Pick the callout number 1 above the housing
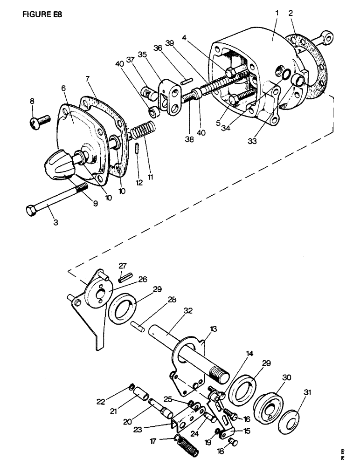point(277,13)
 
